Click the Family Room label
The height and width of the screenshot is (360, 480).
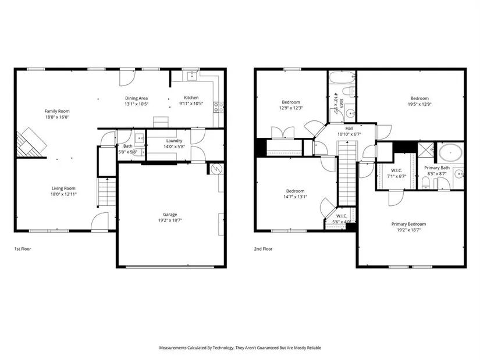point(57,111)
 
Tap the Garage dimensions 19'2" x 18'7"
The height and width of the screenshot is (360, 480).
point(170,220)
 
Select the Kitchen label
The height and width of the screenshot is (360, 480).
point(191,98)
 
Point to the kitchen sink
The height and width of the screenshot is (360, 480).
point(192,76)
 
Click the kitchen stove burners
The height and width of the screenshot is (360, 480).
point(218,107)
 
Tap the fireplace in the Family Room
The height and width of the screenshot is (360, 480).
point(31,143)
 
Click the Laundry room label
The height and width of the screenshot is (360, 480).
point(174,141)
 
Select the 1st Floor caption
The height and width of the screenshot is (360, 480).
point(23,249)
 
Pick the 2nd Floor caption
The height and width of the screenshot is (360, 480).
point(263,249)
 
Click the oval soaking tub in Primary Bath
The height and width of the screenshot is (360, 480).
point(450,152)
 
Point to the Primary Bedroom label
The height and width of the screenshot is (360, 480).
point(408,224)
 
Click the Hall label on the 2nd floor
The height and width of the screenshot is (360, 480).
point(349,129)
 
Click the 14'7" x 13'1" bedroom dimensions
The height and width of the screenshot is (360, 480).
point(296,197)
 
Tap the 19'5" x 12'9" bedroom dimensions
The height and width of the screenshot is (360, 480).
point(419,104)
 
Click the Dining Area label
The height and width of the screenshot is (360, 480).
point(136,98)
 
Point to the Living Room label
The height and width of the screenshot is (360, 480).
point(63,188)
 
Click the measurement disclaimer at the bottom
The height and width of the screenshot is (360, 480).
point(240,348)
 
